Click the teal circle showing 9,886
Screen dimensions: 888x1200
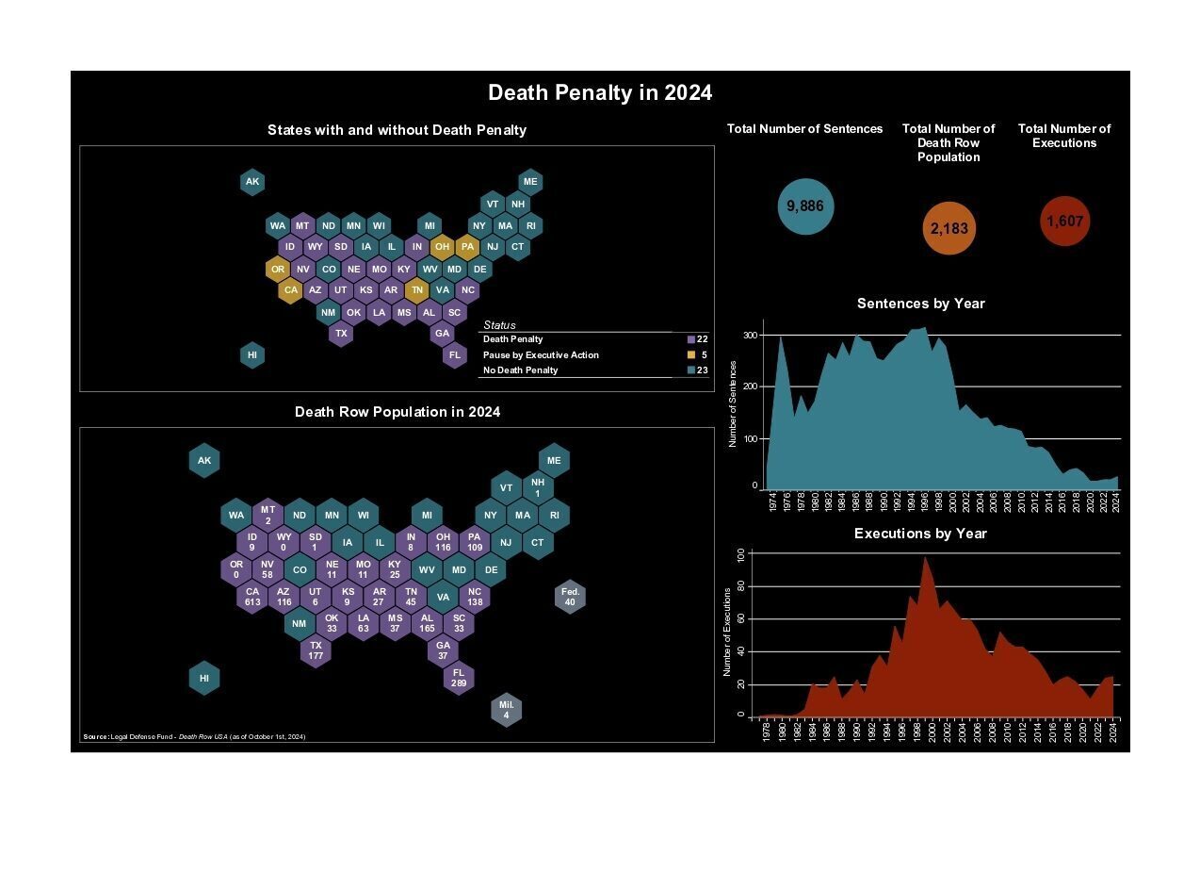click(805, 206)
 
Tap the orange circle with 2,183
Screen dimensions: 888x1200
click(949, 229)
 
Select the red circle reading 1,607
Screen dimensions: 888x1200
click(1064, 222)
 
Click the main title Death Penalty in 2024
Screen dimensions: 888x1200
click(600, 93)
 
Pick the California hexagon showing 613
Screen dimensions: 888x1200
click(251, 598)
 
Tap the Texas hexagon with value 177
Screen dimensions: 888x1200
click(316, 650)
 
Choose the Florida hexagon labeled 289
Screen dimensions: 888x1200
click(459, 678)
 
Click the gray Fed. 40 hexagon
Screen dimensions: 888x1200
click(570, 597)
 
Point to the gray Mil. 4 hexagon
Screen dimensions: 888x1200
click(506, 710)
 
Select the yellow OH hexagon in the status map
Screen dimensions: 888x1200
click(442, 247)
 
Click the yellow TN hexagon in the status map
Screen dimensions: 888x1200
click(416, 290)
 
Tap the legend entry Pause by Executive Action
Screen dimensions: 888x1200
click(541, 355)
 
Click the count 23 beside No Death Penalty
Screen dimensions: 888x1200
click(702, 370)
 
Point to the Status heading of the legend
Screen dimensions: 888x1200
click(499, 325)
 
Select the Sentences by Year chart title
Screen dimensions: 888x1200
click(920, 304)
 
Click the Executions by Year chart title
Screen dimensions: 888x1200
click(920, 534)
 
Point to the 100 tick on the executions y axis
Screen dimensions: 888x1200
click(740, 554)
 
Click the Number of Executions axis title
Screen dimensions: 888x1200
click(727, 632)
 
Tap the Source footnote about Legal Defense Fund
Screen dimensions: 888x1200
click(194, 736)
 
